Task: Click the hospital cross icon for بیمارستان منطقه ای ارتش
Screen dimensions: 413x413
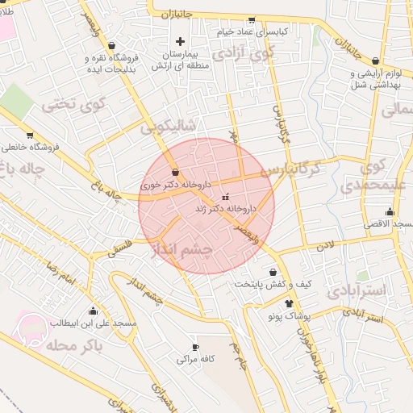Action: pyautogui.click(x=180, y=41)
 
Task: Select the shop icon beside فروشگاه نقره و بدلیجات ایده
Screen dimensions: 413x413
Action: pyautogui.click(x=111, y=45)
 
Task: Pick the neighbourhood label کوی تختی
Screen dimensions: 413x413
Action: pyautogui.click(x=74, y=104)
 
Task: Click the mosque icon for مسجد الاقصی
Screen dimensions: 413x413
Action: pyautogui.click(x=390, y=212)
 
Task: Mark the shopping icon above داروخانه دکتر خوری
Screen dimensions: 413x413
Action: pyautogui.click(x=176, y=172)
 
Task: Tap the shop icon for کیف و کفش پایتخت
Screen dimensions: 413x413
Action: pyautogui.click(x=273, y=273)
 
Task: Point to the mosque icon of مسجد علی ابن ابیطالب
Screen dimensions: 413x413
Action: pyautogui.click(x=94, y=311)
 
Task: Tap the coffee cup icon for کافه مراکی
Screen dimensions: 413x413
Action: pyautogui.click(x=194, y=347)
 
